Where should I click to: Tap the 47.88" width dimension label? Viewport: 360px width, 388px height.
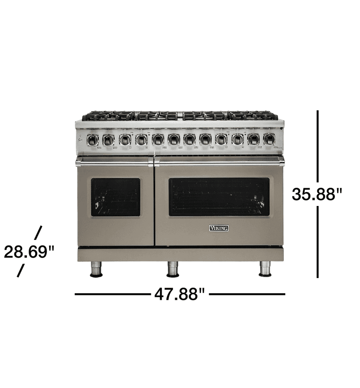[x=179, y=295]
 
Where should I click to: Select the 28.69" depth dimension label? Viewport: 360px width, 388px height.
[x=29, y=252]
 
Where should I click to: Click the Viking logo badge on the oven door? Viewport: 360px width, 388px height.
[x=219, y=228]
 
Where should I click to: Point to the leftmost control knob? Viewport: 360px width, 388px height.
[x=92, y=139]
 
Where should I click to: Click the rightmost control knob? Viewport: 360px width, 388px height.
[x=269, y=139]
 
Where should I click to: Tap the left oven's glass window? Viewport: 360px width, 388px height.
[x=116, y=197]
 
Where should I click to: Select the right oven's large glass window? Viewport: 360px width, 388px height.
[x=219, y=197]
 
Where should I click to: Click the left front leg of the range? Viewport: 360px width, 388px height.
[x=96, y=269]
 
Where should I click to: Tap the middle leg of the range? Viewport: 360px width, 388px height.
[x=173, y=269]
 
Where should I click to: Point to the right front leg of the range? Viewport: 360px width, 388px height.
[x=265, y=269]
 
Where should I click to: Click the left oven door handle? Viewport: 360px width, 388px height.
[x=114, y=162]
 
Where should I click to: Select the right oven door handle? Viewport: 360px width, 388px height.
[x=219, y=162]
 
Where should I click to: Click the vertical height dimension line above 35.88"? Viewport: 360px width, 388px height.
[x=318, y=146]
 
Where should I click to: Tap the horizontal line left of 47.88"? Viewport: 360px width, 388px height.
[x=112, y=294]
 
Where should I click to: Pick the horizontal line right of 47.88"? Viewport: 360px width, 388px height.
[x=247, y=294]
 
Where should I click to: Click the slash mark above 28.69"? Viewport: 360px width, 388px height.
[x=38, y=233]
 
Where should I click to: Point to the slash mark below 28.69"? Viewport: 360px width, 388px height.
[x=20, y=271]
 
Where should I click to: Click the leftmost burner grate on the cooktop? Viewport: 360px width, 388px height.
[x=107, y=116]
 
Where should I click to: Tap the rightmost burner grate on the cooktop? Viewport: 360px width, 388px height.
[x=253, y=116]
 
